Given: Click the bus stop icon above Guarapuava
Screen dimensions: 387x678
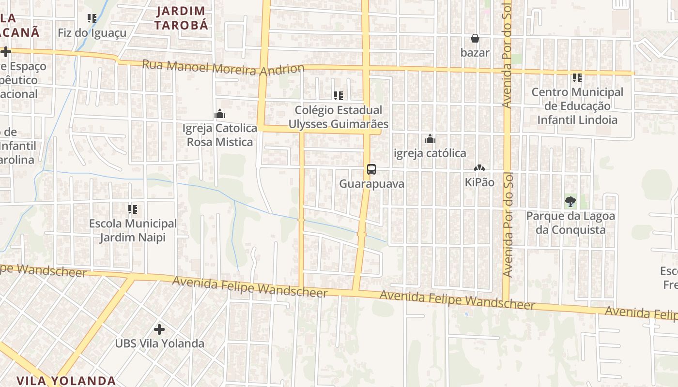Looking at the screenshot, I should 371,169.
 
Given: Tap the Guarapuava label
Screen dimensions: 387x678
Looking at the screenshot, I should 371,184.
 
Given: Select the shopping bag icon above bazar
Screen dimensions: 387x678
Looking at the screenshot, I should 475,38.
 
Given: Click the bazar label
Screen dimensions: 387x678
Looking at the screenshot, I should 475,53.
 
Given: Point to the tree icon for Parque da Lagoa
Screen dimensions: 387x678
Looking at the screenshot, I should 570,202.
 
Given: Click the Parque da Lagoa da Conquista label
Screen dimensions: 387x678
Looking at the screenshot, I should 570,223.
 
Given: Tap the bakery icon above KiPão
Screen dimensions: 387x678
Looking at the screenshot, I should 479,168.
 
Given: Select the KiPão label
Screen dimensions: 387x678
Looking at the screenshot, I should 479,182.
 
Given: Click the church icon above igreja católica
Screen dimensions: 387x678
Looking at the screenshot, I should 430,139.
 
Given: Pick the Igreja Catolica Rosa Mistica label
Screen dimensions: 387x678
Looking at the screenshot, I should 220,135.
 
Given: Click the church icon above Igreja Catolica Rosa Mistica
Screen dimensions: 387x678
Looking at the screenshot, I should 220,114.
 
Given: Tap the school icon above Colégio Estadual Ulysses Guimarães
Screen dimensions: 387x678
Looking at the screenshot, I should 339,96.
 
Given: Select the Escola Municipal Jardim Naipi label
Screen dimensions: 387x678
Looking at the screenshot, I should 133,231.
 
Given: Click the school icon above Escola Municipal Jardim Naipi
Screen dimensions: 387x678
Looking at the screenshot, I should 133,209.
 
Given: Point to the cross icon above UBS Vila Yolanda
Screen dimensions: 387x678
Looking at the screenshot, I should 159,329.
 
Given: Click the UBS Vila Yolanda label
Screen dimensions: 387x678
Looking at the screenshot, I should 159,344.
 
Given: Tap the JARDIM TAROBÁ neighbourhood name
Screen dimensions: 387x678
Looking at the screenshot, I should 182,18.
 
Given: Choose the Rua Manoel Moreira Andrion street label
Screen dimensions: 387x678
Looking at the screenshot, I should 223,68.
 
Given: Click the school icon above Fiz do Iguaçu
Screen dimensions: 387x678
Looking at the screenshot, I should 92,18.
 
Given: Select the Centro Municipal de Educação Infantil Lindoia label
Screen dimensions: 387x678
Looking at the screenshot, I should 577,106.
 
